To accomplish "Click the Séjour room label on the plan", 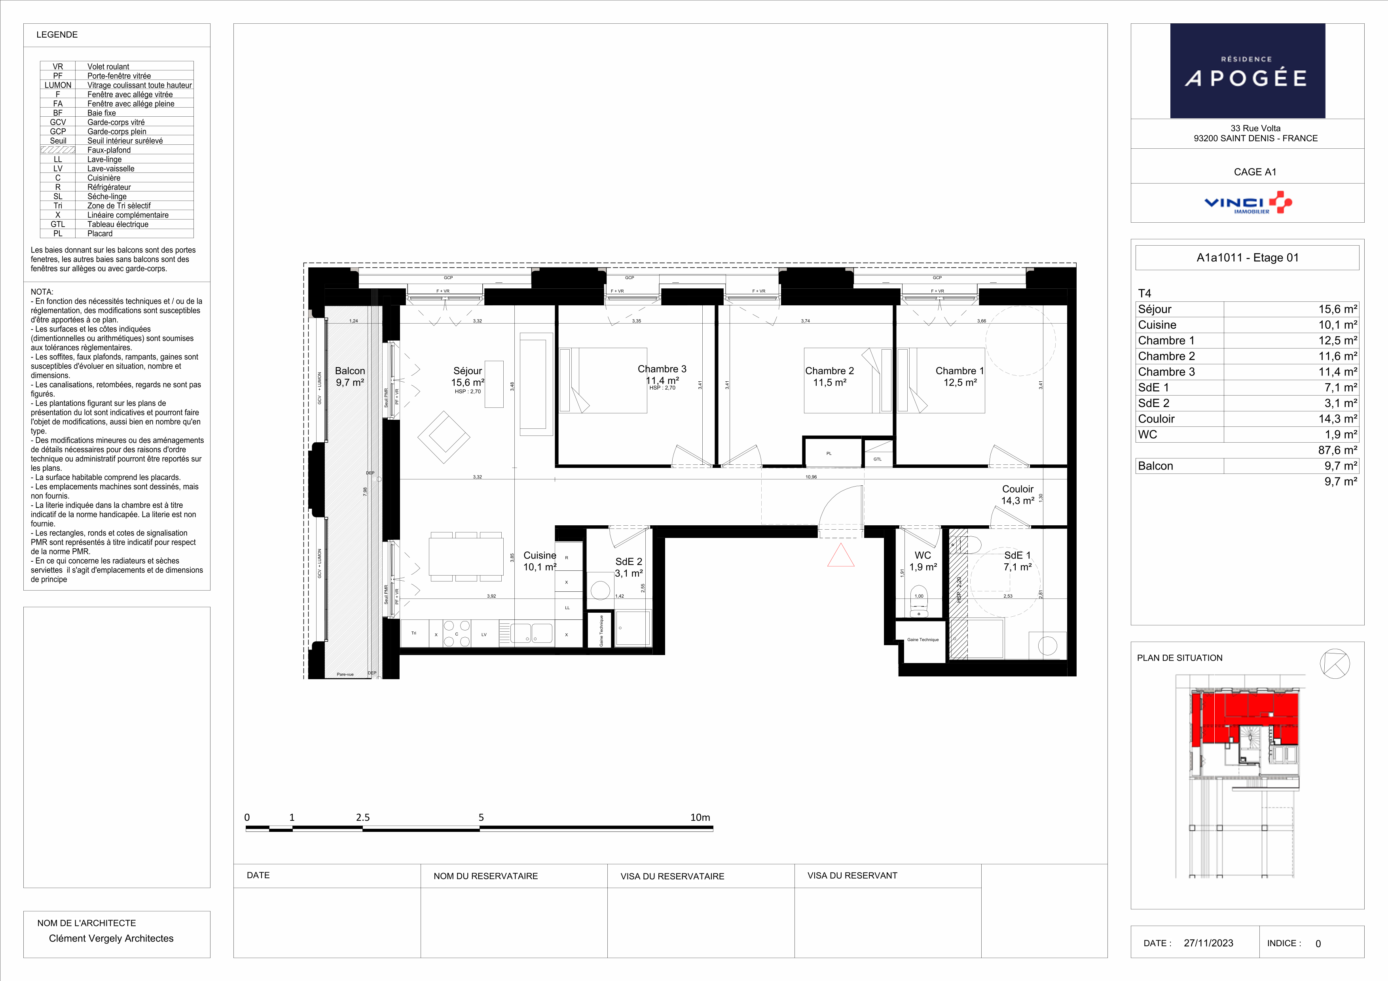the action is click(468, 371).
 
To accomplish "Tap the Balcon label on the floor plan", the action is click(350, 371).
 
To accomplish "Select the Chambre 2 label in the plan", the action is click(829, 371).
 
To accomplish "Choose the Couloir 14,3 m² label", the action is click(1018, 494).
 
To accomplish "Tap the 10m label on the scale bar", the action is click(700, 817).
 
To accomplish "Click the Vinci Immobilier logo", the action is click(1248, 203).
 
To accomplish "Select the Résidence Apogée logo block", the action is click(1248, 71).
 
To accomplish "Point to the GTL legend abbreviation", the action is click(58, 224).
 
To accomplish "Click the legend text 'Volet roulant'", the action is click(108, 66).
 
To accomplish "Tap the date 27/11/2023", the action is click(1208, 943).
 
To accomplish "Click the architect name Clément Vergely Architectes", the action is click(111, 938).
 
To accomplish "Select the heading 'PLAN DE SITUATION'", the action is click(1179, 658).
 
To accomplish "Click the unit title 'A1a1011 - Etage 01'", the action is click(1248, 258).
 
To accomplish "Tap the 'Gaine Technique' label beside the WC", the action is click(923, 640).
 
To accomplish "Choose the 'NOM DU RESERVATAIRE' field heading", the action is click(485, 876).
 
